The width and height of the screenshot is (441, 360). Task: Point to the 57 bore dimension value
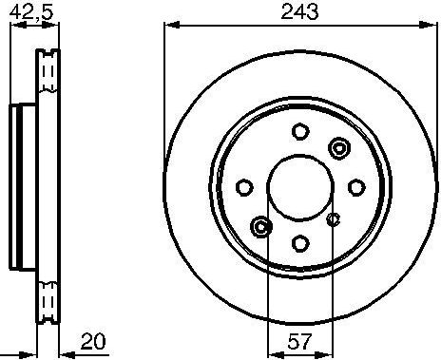coord(299,339)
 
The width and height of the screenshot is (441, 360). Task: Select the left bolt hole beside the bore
coord(243,186)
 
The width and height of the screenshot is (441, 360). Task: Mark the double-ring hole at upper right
coord(338,147)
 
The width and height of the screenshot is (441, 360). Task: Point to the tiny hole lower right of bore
coord(333,220)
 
